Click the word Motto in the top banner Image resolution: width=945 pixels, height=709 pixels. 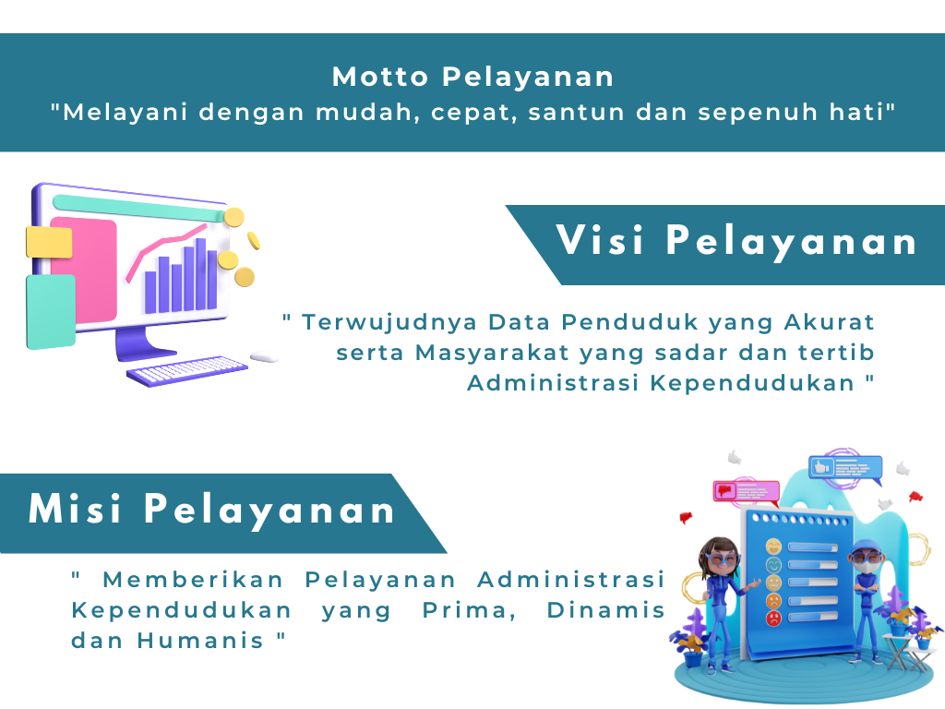380,78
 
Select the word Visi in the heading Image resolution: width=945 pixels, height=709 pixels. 600,240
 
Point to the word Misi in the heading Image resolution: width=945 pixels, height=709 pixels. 75,509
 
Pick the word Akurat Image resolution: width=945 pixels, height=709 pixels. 830,322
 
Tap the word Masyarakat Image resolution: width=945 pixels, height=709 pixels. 492,353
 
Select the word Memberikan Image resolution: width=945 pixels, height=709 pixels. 193,580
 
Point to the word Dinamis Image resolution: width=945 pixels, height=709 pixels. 605,610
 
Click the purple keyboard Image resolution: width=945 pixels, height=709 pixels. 186,371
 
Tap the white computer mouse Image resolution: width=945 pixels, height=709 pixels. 264,357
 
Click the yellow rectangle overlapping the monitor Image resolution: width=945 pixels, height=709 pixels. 49,242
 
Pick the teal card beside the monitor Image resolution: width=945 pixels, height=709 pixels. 51,312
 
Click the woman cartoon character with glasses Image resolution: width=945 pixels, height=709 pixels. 720,603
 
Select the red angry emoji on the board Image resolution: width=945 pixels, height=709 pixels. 773,618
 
